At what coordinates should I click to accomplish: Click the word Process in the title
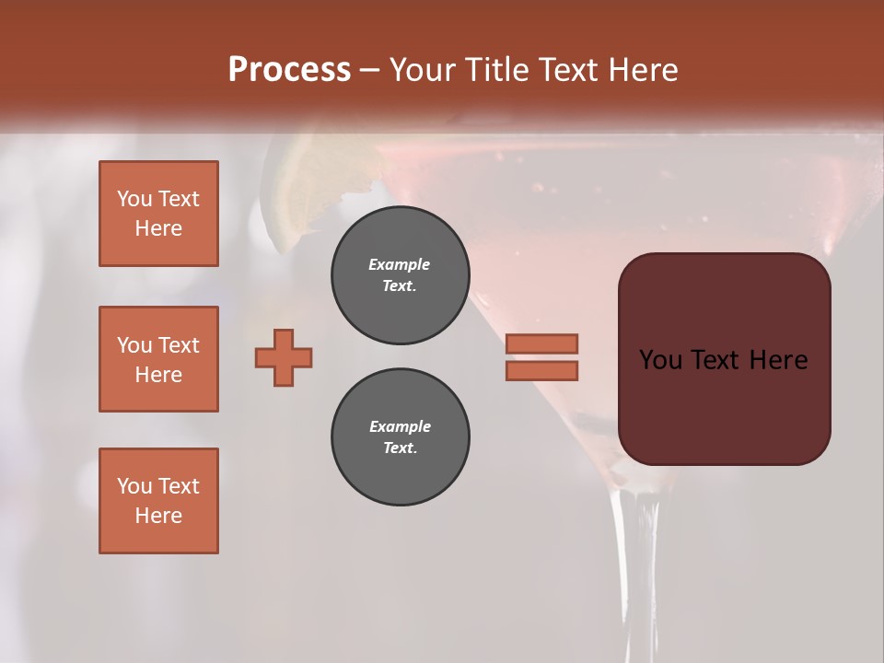click(289, 70)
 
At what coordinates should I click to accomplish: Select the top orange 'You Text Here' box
click(158, 214)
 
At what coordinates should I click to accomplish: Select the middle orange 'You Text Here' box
click(158, 359)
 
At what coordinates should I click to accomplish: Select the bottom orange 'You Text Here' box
click(158, 501)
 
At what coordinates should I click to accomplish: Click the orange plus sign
click(284, 357)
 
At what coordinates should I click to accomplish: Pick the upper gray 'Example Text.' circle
click(400, 275)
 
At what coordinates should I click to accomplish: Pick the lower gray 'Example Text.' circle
click(400, 437)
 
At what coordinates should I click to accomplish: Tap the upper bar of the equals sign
click(541, 343)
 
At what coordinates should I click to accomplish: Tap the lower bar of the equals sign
click(541, 370)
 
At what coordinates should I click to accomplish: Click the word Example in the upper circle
click(400, 264)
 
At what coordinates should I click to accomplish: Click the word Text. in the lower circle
click(400, 448)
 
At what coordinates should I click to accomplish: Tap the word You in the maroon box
click(659, 360)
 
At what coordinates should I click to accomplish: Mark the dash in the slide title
click(370, 71)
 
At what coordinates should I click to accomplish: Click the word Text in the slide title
click(568, 70)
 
